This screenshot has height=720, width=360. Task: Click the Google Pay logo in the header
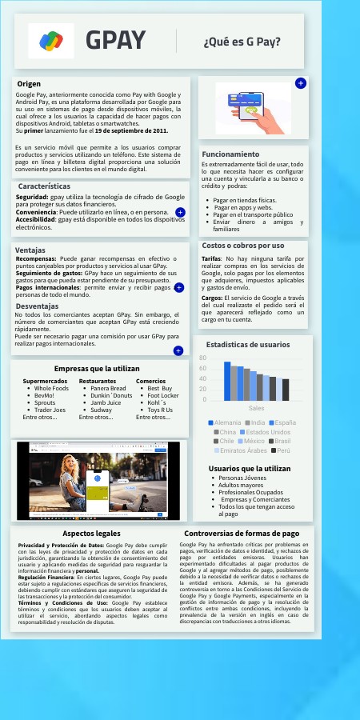pos(51,40)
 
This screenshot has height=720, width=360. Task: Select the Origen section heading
pos(29,83)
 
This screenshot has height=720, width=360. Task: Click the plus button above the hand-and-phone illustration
pos(300,83)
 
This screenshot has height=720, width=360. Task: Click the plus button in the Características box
pos(180,213)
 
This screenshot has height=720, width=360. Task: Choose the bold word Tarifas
pos(212,259)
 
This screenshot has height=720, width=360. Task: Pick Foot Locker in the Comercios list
pos(163,395)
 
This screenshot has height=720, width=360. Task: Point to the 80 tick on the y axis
pos(203,358)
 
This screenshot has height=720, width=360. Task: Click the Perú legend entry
pos(278,451)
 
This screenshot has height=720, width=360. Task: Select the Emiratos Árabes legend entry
pos(242,451)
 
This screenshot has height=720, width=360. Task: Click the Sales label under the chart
pos(256,407)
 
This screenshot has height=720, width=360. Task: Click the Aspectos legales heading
pos(91,533)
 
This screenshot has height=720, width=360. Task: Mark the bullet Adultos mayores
pos(240,485)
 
